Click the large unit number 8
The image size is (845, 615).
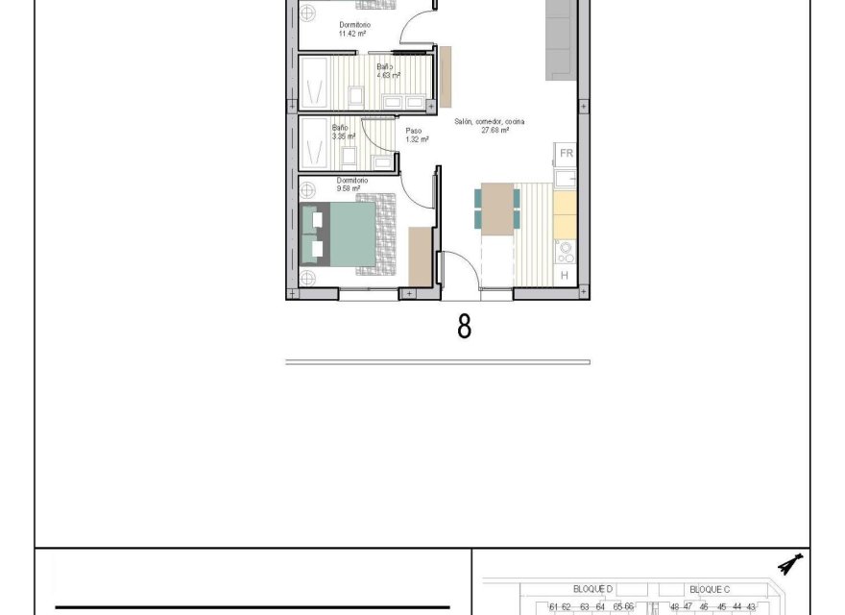tap(464, 327)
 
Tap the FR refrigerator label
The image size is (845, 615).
tap(566, 153)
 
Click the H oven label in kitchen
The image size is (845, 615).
tap(564, 276)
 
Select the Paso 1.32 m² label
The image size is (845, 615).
tap(416, 135)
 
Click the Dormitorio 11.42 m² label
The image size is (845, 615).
tap(353, 29)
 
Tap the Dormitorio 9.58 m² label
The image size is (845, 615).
tap(349, 184)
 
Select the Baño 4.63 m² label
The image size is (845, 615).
tap(388, 70)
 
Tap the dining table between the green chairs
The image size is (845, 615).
tap(496, 209)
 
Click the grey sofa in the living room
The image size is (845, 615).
tap(561, 38)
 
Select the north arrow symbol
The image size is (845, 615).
tap(791, 565)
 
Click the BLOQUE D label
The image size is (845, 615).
tap(591, 587)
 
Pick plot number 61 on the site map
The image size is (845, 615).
tap(553, 606)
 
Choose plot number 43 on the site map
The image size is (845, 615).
tap(751, 606)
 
